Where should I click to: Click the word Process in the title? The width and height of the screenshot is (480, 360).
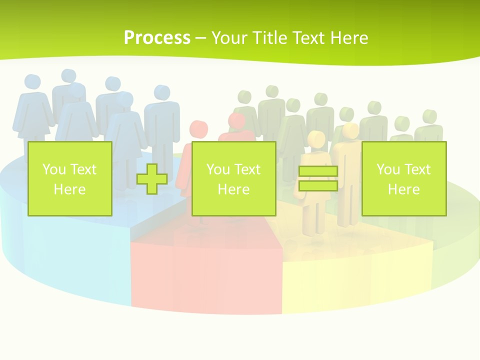(x=157, y=38)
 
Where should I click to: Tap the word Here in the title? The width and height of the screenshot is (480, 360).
(x=348, y=38)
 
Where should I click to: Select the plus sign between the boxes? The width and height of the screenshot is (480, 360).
(x=152, y=179)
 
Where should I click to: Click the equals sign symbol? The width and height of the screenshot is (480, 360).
(x=318, y=178)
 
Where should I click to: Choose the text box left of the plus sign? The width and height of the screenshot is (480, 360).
(x=70, y=178)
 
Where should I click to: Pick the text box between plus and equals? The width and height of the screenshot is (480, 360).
(x=233, y=178)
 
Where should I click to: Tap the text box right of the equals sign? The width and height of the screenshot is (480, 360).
(x=404, y=178)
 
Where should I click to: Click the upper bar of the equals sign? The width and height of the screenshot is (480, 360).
(x=318, y=171)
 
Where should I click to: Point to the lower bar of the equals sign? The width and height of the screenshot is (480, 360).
(x=318, y=185)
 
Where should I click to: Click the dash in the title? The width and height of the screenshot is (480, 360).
(x=200, y=38)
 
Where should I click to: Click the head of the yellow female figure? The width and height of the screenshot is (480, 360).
(x=316, y=138)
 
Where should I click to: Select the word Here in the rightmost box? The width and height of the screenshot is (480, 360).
(x=404, y=189)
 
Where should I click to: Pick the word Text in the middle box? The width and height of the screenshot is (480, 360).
(x=247, y=169)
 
